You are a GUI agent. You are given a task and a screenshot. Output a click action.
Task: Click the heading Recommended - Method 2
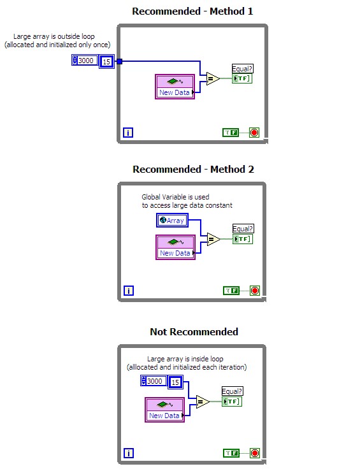tap(193, 169)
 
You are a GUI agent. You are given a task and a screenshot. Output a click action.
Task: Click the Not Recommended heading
tap(194, 331)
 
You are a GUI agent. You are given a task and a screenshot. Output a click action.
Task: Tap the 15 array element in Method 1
tap(106, 62)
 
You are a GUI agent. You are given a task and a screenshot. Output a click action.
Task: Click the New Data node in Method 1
tap(175, 87)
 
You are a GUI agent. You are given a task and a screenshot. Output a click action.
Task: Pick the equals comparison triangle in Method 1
tap(212, 78)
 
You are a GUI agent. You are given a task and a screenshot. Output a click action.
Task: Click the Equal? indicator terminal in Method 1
tap(242, 78)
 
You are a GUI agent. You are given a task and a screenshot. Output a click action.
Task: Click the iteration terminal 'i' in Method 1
tap(128, 133)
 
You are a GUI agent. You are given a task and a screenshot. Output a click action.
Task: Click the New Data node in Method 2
tap(175, 247)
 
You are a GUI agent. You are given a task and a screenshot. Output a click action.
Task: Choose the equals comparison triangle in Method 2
tap(212, 239)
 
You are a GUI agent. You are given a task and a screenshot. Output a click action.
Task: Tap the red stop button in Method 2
tap(254, 291)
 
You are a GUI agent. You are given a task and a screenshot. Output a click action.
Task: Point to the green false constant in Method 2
tap(231, 291)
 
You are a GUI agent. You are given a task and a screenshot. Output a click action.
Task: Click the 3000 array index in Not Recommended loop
tap(154, 381)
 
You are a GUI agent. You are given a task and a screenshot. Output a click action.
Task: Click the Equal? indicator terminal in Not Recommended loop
tap(232, 402)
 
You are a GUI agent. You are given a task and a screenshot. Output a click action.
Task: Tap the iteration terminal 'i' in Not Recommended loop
tap(128, 453)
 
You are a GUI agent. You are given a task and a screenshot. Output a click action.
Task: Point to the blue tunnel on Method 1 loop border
tap(119, 61)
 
